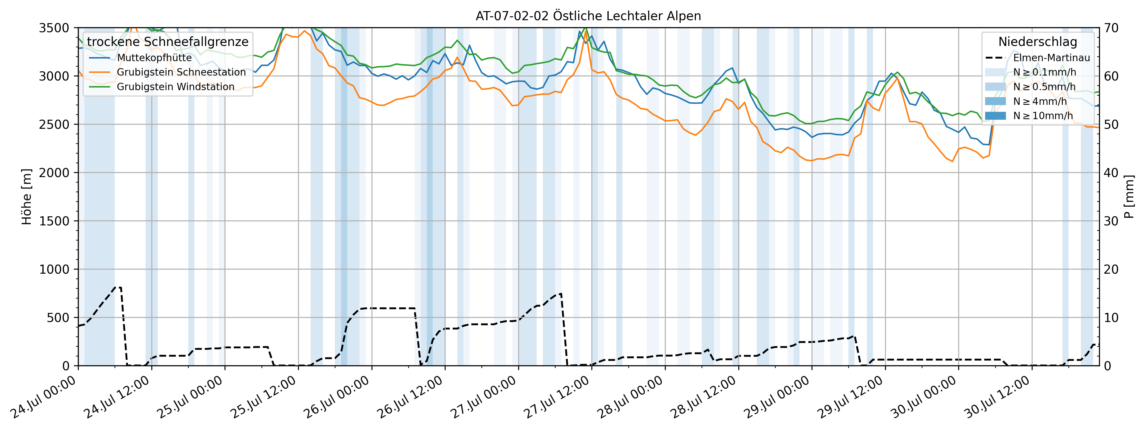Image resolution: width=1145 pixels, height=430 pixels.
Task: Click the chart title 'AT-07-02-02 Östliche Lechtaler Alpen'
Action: pyautogui.click(x=588, y=16)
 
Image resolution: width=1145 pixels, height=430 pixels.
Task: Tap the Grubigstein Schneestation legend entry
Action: pyautogui.click(x=181, y=72)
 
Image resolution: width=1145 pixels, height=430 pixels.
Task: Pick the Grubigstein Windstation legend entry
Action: pyautogui.click(x=175, y=87)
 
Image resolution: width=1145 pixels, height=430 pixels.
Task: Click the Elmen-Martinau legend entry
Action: pyautogui.click(x=1051, y=58)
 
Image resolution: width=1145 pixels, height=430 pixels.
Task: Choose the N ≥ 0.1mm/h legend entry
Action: pyautogui.click(x=1044, y=72)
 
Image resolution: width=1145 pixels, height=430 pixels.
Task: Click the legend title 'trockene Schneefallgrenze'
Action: pyautogui.click(x=167, y=42)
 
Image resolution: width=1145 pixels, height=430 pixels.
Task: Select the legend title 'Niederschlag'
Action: pyautogui.click(x=1038, y=42)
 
